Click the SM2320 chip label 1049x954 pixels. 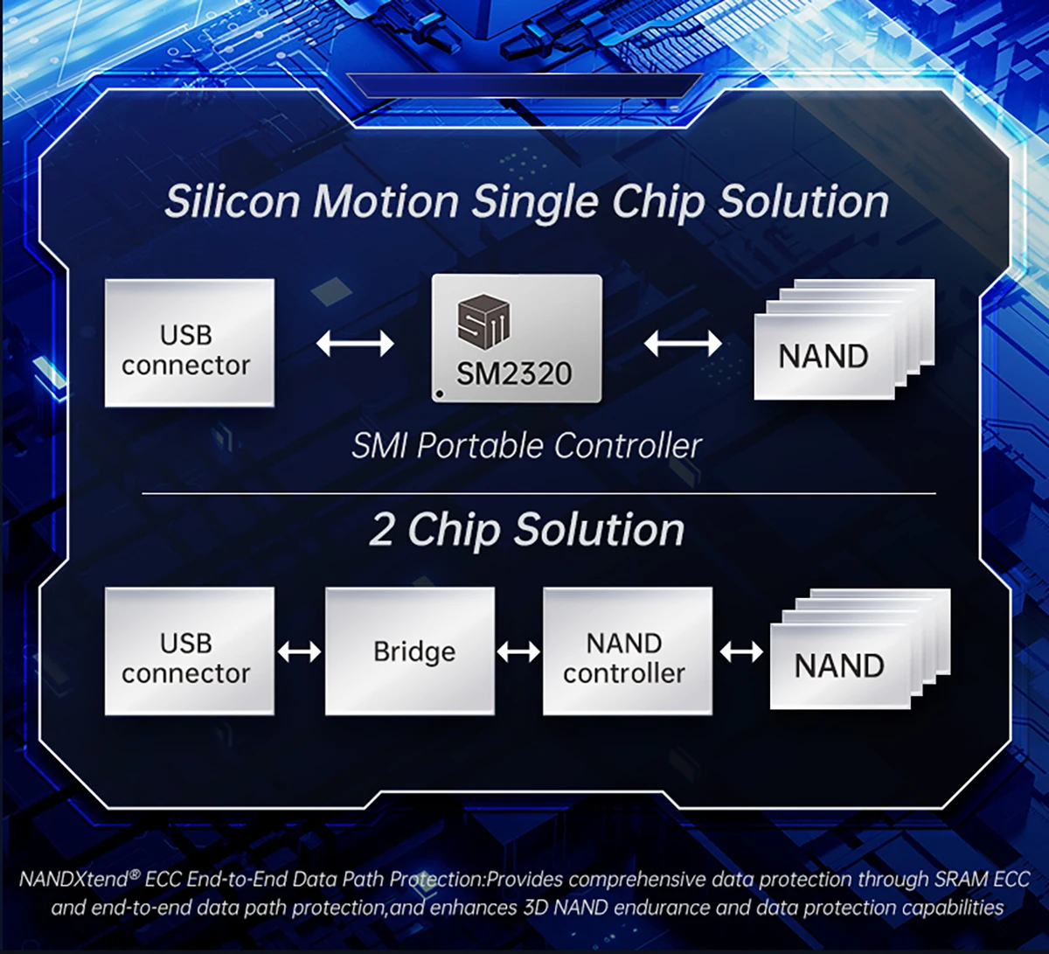(x=514, y=373)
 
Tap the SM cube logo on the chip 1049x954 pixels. (x=483, y=321)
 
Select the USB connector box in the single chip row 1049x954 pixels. (x=189, y=343)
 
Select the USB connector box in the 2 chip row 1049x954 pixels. (x=189, y=651)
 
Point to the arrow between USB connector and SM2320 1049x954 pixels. (x=354, y=343)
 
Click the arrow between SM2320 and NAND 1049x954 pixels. (x=683, y=343)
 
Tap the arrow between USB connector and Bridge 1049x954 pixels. (x=299, y=652)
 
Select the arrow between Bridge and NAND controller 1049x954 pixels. (x=518, y=652)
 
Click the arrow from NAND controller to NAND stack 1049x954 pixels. (x=741, y=652)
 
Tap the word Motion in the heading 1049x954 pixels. (x=386, y=202)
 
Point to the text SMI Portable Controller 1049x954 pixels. (x=526, y=446)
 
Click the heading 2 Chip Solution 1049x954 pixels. (x=527, y=530)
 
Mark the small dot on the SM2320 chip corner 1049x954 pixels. (x=440, y=393)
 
